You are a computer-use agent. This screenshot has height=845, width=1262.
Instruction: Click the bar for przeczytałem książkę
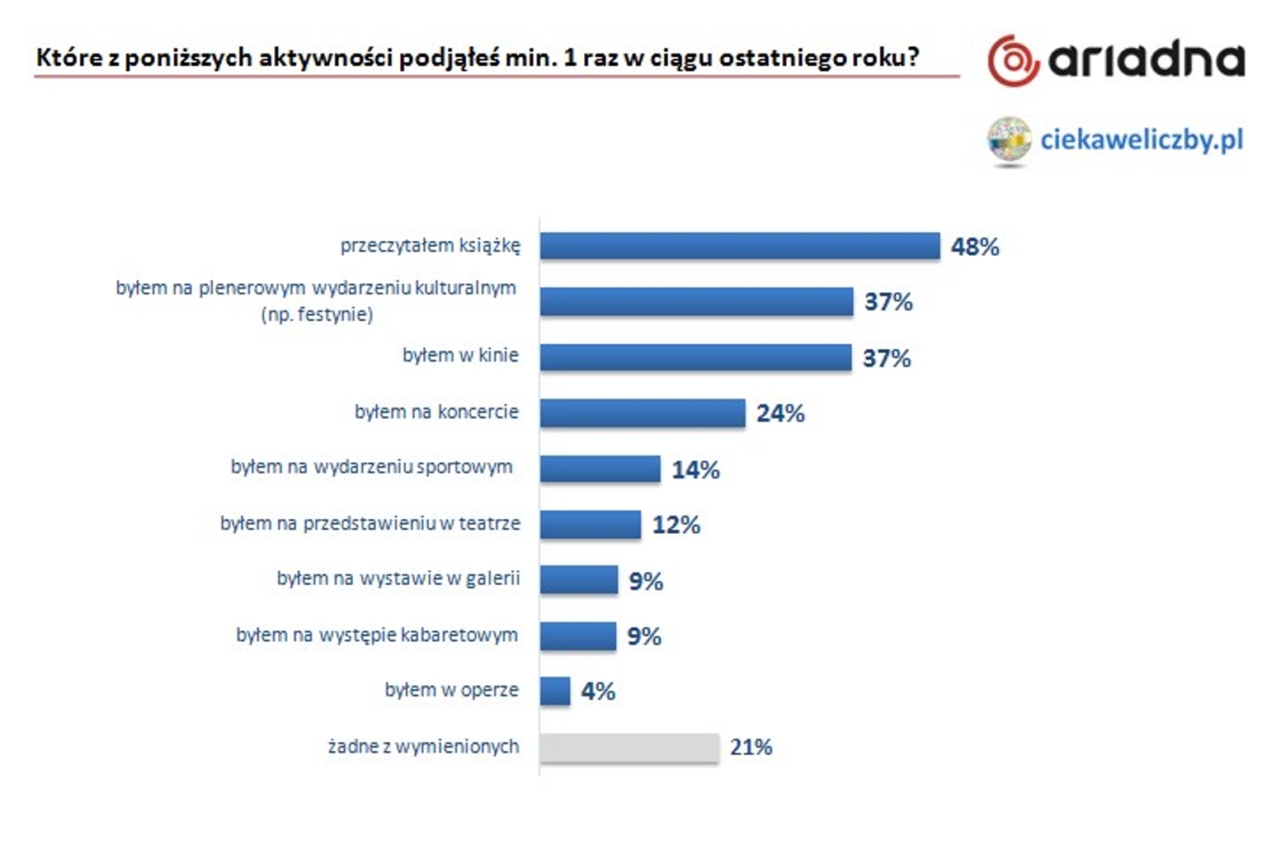tap(739, 246)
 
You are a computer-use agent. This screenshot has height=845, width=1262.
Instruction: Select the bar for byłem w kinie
tap(695, 357)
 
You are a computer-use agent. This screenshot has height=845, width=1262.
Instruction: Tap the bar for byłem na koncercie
tap(642, 413)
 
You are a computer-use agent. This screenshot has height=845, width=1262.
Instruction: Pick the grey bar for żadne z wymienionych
tap(629, 748)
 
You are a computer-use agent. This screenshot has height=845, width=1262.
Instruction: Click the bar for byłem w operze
tap(555, 691)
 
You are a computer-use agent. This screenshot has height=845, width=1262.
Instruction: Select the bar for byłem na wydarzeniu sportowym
tap(600, 469)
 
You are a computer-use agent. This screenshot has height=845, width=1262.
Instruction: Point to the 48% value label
tap(975, 247)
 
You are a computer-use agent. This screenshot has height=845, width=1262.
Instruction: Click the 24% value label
tap(780, 413)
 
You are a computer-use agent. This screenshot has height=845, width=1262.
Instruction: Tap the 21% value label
tap(751, 748)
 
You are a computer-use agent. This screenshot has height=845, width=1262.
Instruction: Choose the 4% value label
tap(598, 692)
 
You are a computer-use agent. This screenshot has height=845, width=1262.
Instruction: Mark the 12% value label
tap(676, 525)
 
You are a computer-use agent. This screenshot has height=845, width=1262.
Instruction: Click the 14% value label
tap(695, 470)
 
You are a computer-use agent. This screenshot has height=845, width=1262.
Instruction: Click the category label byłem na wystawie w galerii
tap(398, 578)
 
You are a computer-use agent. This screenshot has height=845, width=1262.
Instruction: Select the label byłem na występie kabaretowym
tap(377, 635)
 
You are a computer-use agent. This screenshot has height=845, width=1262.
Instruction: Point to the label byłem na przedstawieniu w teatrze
tap(370, 523)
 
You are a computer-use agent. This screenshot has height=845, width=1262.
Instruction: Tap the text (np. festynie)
tap(317, 314)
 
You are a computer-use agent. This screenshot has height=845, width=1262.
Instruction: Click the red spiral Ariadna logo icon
tap(1013, 60)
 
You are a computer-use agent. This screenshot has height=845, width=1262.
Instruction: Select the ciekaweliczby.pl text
tap(1142, 139)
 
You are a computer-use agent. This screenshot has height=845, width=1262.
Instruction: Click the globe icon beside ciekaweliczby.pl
tap(1009, 139)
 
